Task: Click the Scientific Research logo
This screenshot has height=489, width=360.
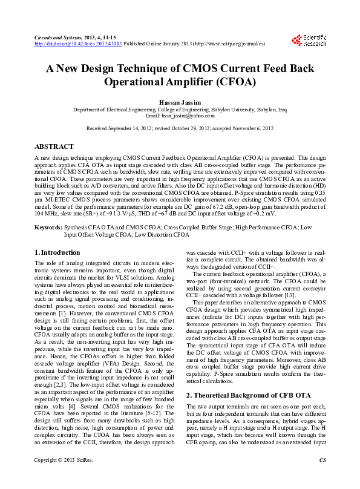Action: coord(309,41)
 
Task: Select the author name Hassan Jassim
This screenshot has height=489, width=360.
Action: coord(180,102)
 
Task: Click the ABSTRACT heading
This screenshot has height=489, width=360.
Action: coord(54,146)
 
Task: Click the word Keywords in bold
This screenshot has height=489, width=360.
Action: coord(48,228)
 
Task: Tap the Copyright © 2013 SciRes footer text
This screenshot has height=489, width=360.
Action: coord(62,478)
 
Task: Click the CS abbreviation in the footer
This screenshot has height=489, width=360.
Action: coord(322,478)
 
